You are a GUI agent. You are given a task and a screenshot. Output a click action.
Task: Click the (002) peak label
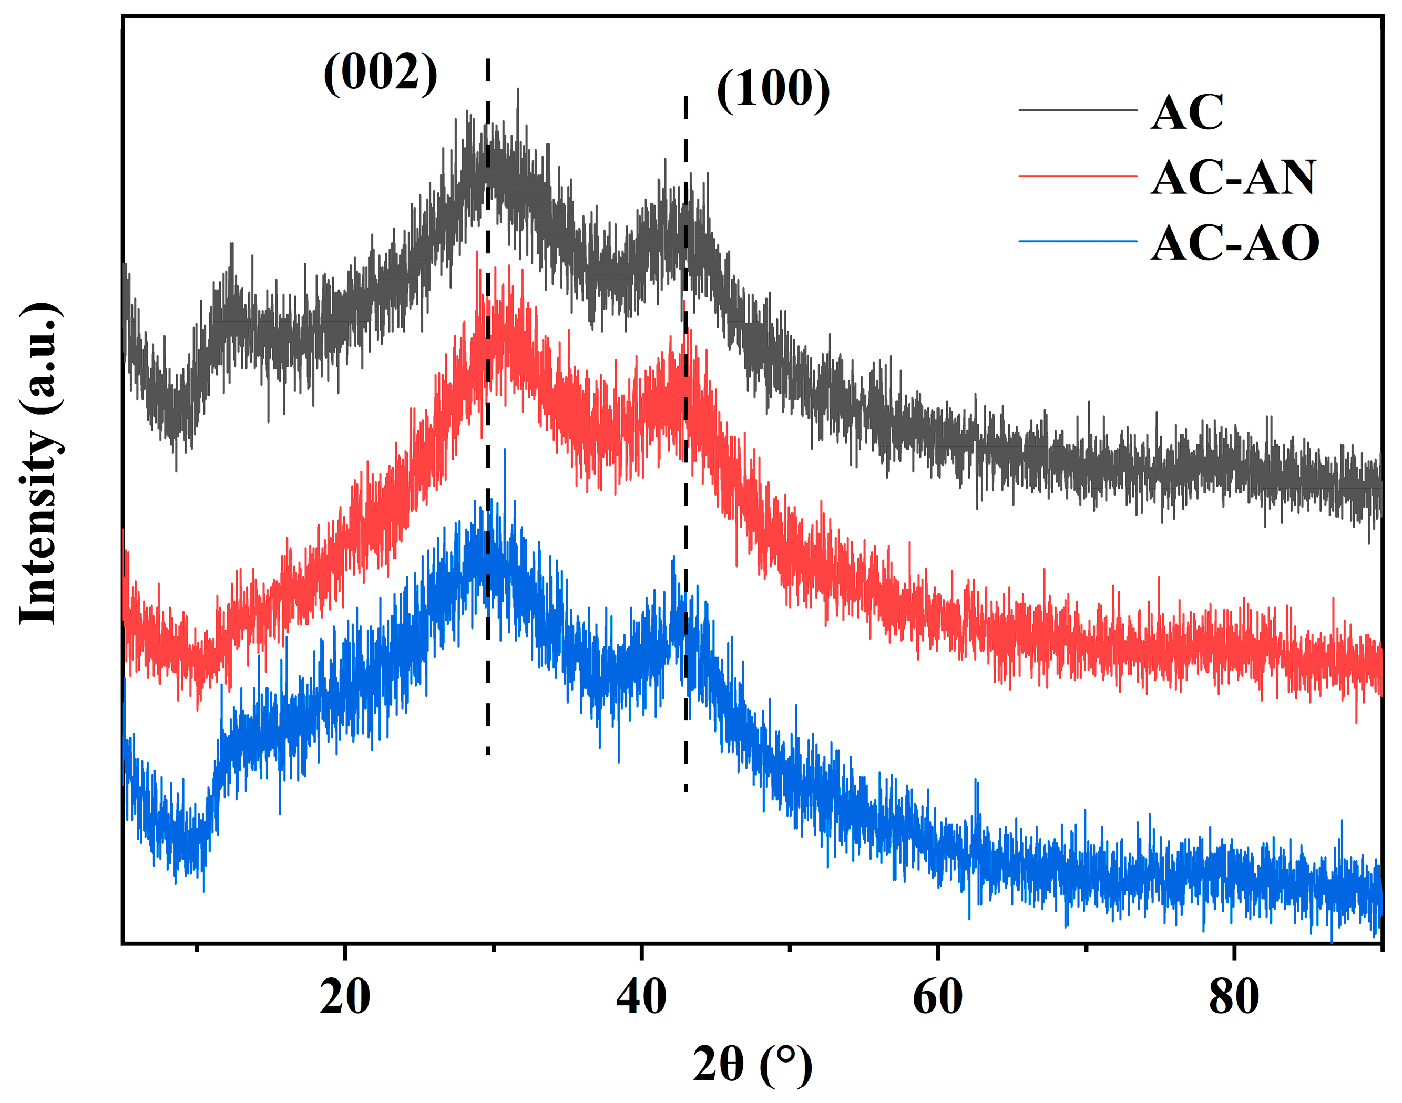[x=380, y=73]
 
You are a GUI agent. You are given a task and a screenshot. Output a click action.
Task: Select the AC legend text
[x=1187, y=112]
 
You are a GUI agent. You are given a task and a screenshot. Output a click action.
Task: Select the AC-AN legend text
[x=1233, y=178]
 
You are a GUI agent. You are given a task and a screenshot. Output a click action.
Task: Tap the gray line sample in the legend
[x=1077, y=110]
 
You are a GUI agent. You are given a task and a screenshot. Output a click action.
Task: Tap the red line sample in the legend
[x=1077, y=176]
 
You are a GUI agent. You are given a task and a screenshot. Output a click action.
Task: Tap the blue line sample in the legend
[x=1077, y=242]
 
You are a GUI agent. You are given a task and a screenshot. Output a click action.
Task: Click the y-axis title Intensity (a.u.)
[x=40, y=463]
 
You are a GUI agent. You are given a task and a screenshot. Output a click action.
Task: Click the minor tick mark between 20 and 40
[x=493, y=948]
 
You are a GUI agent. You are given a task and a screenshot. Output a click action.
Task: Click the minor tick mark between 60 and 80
[x=1086, y=948]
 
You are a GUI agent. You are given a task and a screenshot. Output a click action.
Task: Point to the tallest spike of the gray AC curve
[x=517, y=90]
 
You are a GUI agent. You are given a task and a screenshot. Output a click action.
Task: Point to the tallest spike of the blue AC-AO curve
[x=504, y=450]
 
